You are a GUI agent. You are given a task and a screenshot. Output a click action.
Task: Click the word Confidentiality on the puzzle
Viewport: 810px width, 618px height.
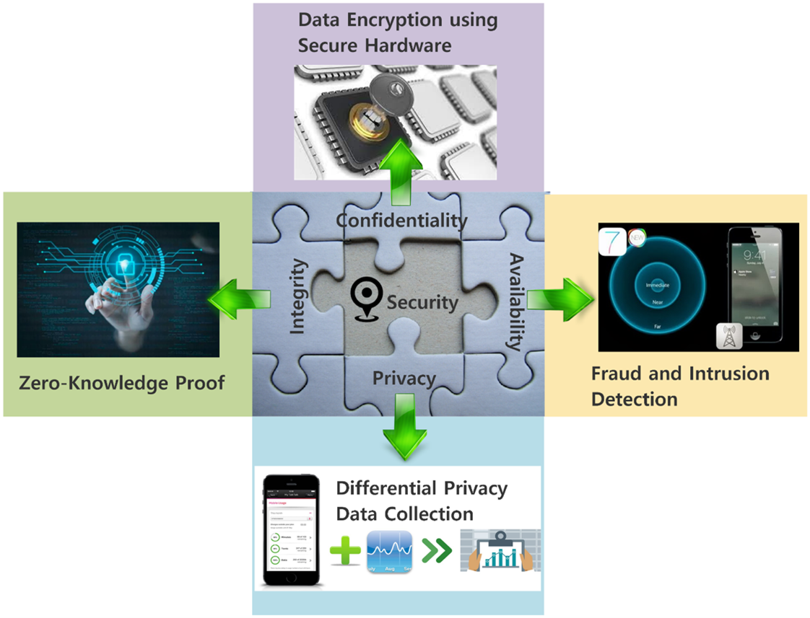pyautogui.click(x=402, y=220)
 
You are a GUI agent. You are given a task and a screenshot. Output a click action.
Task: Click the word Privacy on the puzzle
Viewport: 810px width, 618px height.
pyautogui.click(x=404, y=379)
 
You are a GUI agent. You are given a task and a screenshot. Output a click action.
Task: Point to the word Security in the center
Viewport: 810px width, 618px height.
pyautogui.click(x=422, y=302)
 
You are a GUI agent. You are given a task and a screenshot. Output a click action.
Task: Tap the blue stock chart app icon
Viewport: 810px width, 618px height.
pyautogui.click(x=389, y=552)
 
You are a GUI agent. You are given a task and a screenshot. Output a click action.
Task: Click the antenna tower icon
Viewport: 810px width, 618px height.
pyautogui.click(x=730, y=336)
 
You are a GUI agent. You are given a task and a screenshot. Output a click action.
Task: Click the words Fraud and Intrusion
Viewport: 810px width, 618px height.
pyautogui.click(x=679, y=374)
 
